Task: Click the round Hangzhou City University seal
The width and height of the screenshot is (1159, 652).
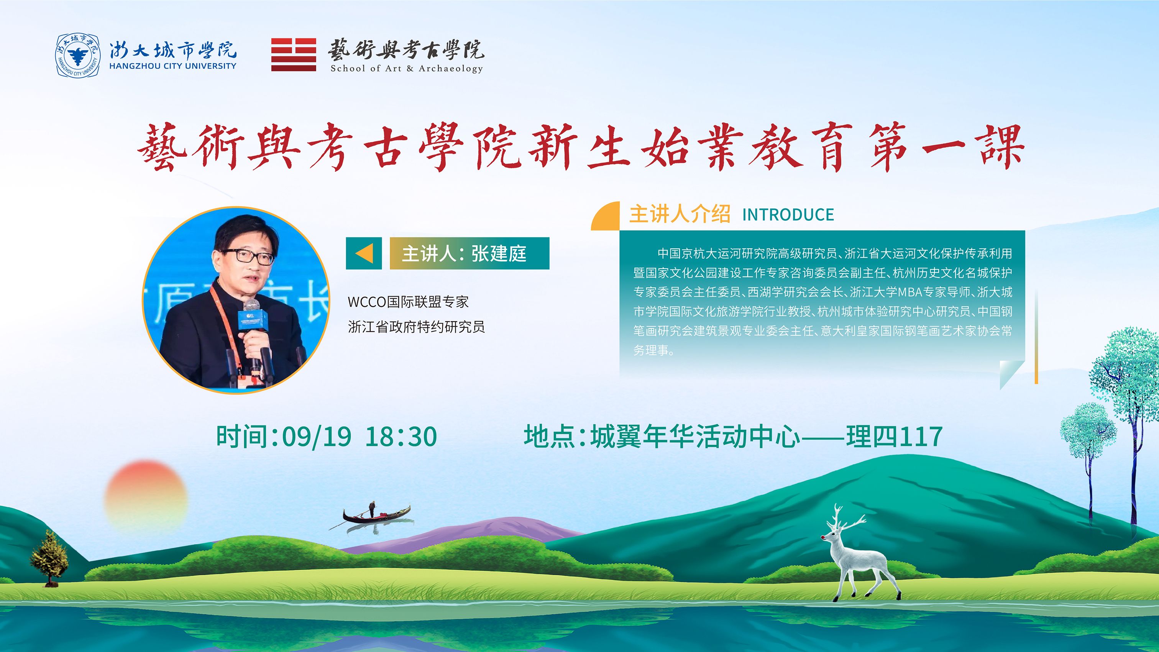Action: (77, 55)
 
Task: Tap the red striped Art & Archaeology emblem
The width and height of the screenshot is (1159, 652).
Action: (293, 55)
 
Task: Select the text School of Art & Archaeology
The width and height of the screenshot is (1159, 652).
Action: (407, 68)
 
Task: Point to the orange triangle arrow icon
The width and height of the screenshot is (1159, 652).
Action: (364, 253)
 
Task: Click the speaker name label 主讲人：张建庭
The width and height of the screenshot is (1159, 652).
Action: (464, 253)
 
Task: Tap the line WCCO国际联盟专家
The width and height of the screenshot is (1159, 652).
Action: (408, 302)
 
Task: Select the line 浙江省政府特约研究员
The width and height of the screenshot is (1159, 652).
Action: (416, 327)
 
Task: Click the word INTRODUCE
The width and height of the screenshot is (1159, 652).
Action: (788, 215)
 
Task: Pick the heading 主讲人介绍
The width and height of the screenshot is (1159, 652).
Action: (680, 214)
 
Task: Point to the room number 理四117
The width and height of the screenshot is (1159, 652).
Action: (894, 437)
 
